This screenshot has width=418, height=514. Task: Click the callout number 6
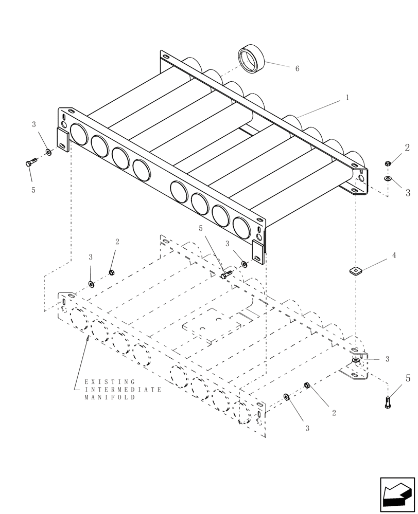point(297,68)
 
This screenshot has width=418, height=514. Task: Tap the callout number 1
point(347,97)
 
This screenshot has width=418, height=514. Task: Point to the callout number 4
point(394,255)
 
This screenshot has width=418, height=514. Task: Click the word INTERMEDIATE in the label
point(123,390)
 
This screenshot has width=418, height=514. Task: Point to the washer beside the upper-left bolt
point(48,152)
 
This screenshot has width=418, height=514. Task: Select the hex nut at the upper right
point(387,163)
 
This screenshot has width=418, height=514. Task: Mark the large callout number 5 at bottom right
point(407,379)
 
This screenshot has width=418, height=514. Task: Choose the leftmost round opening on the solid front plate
point(79,134)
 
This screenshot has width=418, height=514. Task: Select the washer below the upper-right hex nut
point(387,178)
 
